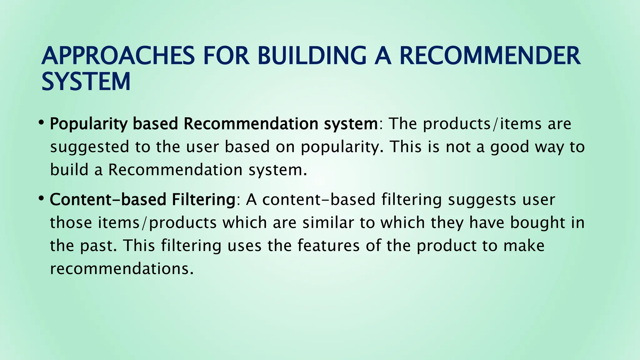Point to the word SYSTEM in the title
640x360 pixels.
86,82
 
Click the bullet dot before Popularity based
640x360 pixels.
41,122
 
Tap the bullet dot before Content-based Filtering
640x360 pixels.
41,198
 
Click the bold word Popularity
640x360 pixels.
89,124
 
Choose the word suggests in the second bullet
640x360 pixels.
482,200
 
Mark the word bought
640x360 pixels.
537,223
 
